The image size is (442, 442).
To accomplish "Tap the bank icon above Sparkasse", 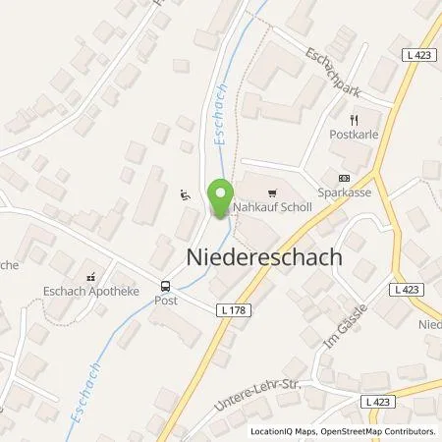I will (x=344, y=179).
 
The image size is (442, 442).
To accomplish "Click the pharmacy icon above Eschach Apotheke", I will (x=90, y=276).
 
